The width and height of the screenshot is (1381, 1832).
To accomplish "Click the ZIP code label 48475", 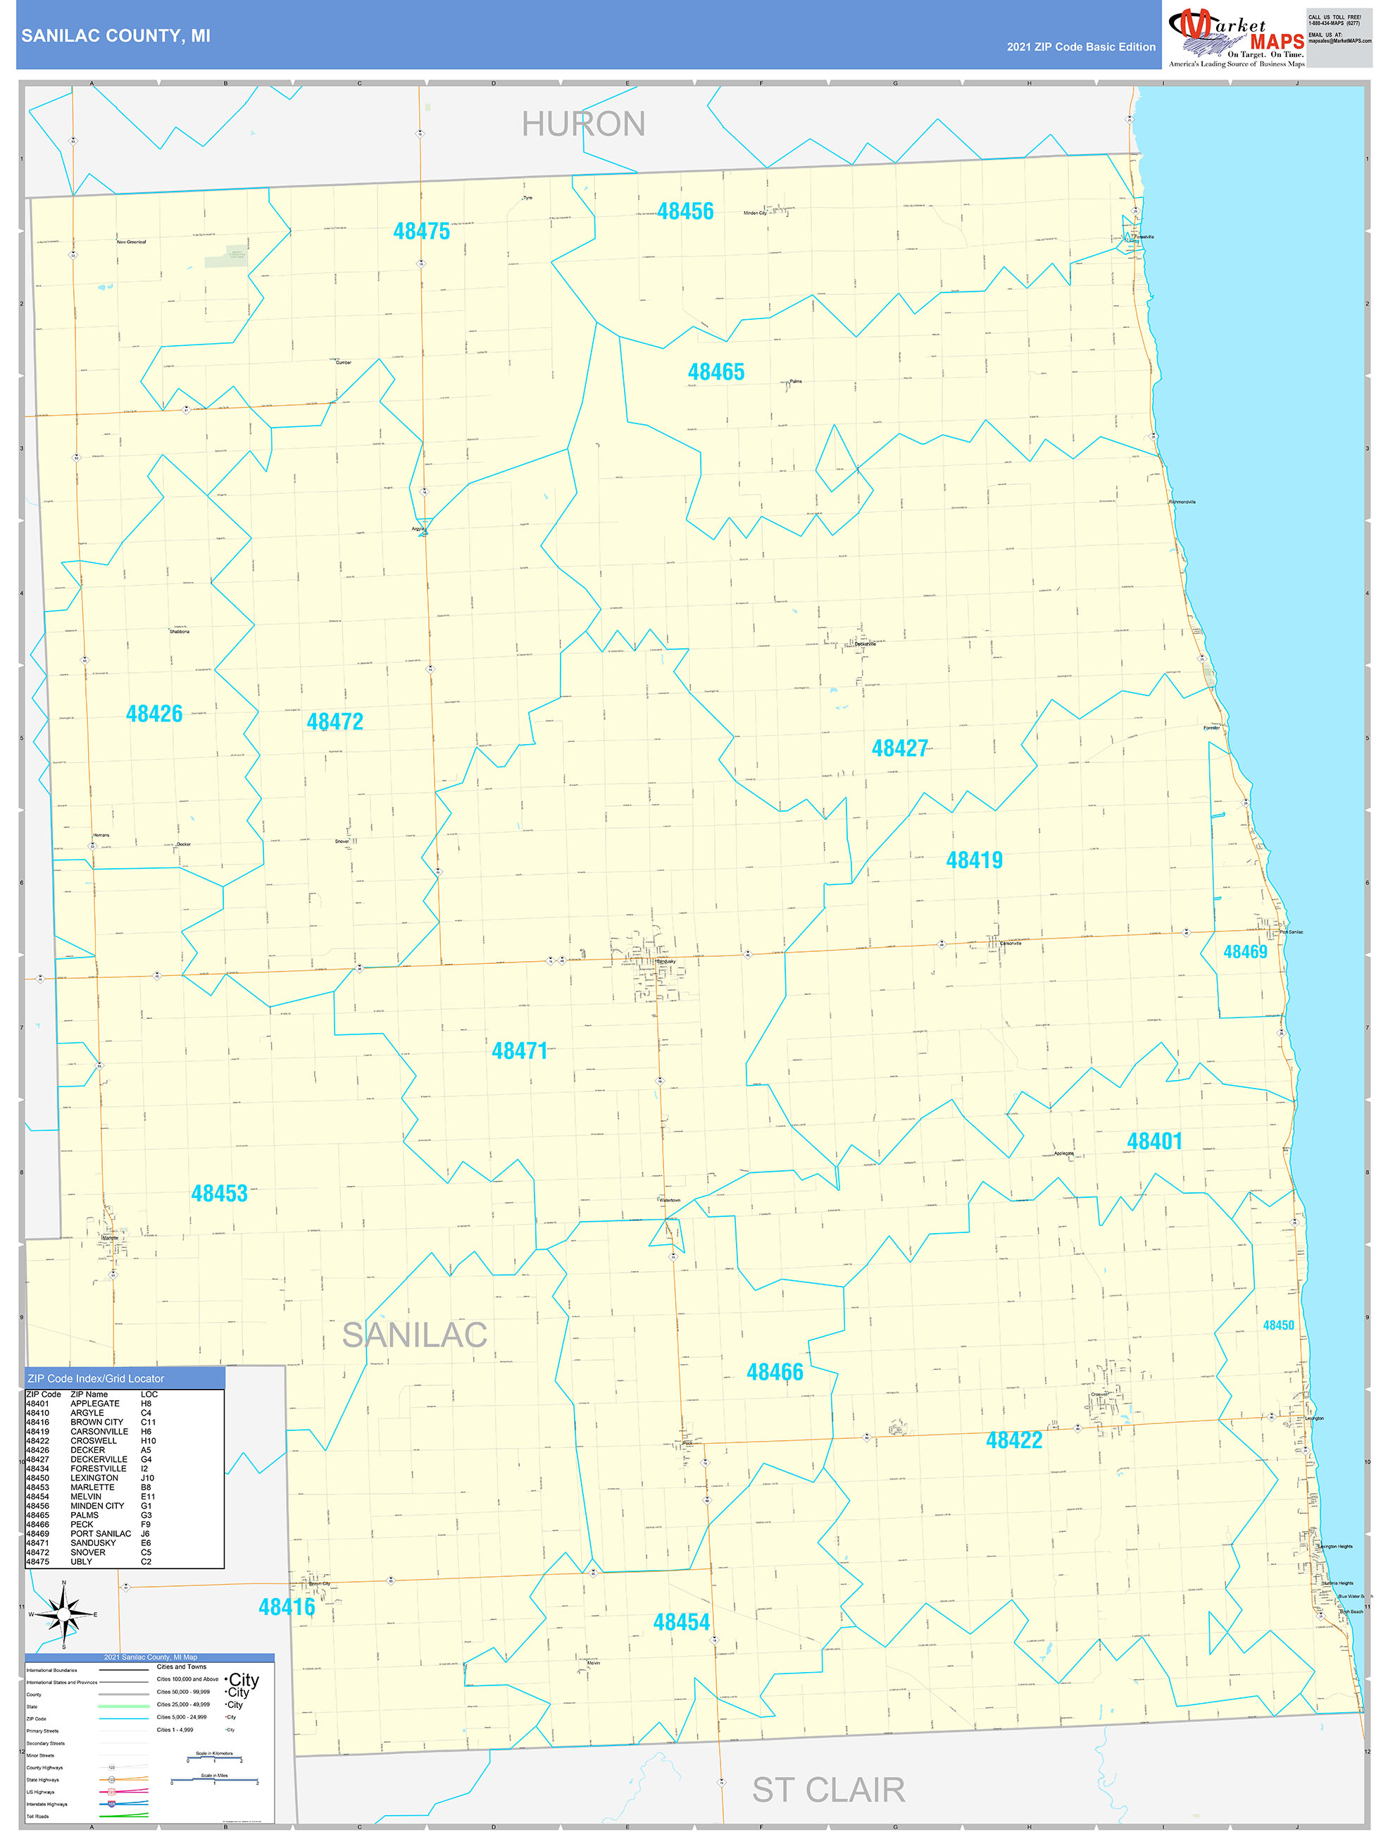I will click(x=421, y=231).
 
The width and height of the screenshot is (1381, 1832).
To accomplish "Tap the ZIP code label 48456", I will click(x=685, y=211).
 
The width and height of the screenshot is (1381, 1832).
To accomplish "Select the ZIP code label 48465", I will click(x=716, y=372).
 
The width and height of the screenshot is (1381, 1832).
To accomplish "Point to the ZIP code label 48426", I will click(x=154, y=713).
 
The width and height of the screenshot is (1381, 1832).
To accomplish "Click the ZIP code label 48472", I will click(x=335, y=722).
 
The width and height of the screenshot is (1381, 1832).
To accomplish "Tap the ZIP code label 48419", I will click(x=975, y=860).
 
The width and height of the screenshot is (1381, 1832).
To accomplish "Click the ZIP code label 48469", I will click(x=1245, y=952).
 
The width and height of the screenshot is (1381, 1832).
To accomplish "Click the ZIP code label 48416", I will click(x=287, y=1607).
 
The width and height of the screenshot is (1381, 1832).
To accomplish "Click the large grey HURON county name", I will click(x=583, y=124).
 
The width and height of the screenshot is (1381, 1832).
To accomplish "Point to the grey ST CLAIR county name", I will click(x=828, y=1790).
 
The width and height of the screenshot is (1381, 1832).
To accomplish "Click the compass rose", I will click(x=65, y=1614).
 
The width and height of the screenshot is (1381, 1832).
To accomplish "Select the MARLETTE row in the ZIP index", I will click(x=91, y=1487).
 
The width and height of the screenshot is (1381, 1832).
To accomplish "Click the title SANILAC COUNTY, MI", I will click(x=116, y=36).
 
